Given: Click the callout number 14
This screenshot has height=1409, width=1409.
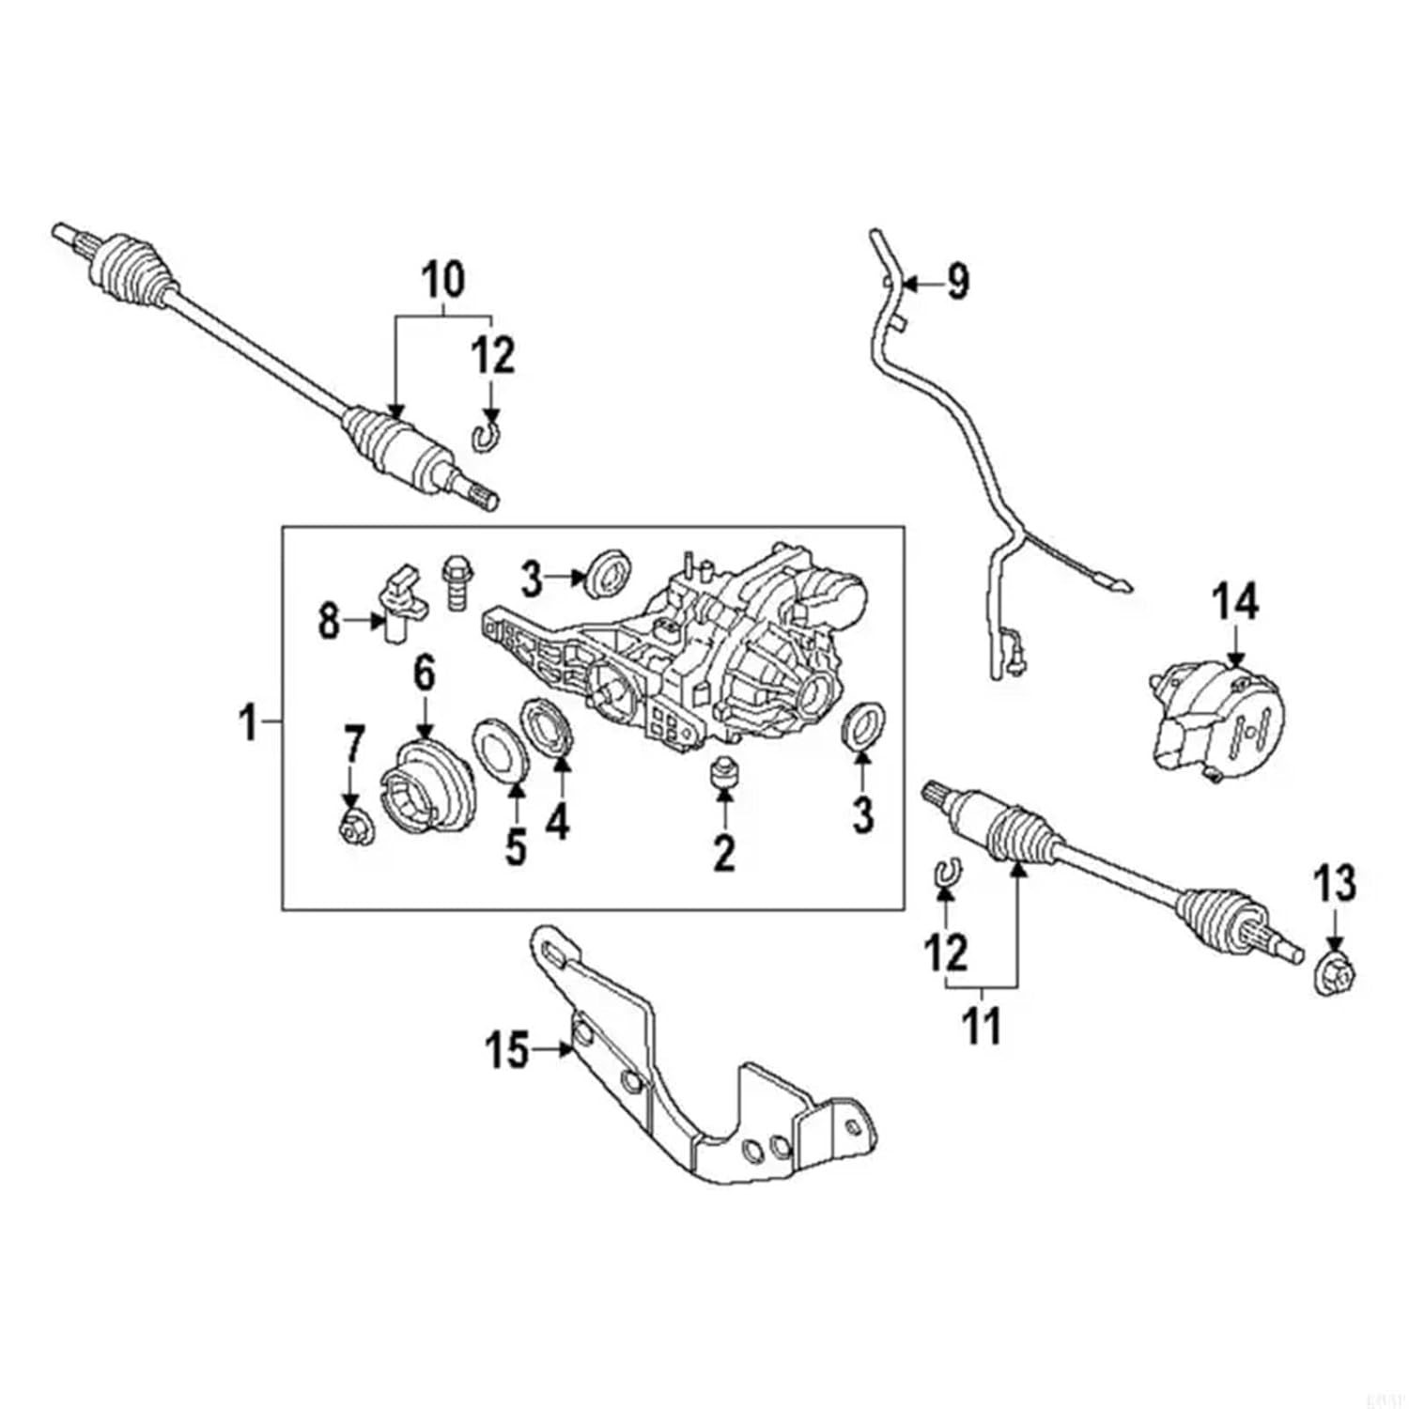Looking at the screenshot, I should pos(1235,601).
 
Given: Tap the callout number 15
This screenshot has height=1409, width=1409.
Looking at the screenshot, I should pos(507,1049).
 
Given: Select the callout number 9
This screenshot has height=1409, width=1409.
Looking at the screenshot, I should pos(956,281).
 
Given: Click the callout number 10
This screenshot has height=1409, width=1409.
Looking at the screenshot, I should pos(443,279).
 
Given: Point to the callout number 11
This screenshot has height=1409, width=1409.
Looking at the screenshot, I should pos(983,1026).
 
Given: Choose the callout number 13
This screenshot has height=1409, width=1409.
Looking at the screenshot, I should pos(1335,884).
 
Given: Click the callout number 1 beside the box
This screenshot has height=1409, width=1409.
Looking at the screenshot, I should pos(248,723).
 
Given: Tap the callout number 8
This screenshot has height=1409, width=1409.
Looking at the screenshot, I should pos(328,621).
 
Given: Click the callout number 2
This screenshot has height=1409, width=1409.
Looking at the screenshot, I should pos(723,852).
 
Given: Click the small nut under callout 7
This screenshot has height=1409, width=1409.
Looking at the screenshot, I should pos(354,828).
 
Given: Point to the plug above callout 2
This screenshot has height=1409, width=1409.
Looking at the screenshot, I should pos(723,771).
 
